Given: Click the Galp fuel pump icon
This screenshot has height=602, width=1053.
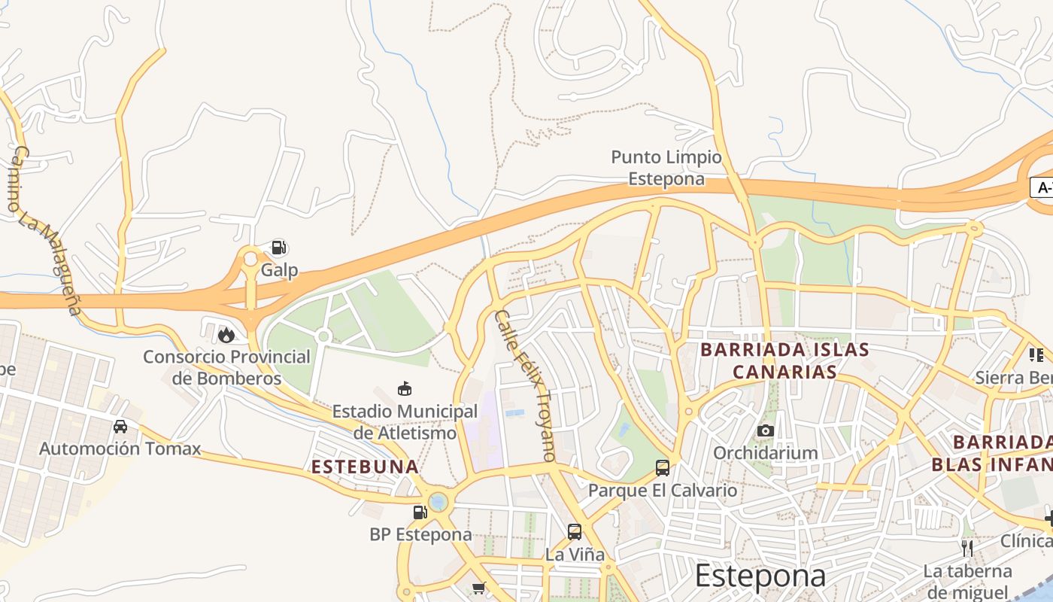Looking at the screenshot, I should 279,248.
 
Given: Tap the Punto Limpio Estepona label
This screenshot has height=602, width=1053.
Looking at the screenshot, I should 666,168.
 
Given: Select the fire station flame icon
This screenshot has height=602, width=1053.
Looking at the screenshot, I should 226,335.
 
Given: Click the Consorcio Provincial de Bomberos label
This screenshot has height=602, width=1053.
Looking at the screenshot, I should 226,367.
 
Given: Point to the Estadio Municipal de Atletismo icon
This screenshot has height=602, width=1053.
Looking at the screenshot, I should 405,389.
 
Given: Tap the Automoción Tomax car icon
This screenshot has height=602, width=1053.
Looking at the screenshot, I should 120,427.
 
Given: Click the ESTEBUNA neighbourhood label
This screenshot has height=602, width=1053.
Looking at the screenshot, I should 365,467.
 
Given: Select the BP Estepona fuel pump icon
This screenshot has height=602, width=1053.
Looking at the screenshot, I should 420,512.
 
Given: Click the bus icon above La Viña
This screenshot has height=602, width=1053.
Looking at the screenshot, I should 575,532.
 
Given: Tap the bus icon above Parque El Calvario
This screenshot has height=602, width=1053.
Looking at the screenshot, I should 663,468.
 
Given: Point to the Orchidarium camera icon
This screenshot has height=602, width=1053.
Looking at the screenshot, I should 766,430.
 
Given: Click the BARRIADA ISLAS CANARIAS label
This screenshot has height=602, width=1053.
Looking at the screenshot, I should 785,360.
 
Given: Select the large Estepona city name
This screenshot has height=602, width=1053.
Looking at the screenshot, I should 760,576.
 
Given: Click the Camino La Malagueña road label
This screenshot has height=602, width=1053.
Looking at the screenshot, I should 46,230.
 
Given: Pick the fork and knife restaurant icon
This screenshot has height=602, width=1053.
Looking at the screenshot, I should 967,548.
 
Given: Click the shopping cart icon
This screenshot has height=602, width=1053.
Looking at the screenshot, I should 478,588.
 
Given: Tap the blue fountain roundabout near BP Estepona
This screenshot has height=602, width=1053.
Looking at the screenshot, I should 438,501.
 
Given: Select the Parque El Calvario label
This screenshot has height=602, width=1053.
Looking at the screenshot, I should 663,491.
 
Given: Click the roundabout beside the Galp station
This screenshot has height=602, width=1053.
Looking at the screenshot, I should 250,260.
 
